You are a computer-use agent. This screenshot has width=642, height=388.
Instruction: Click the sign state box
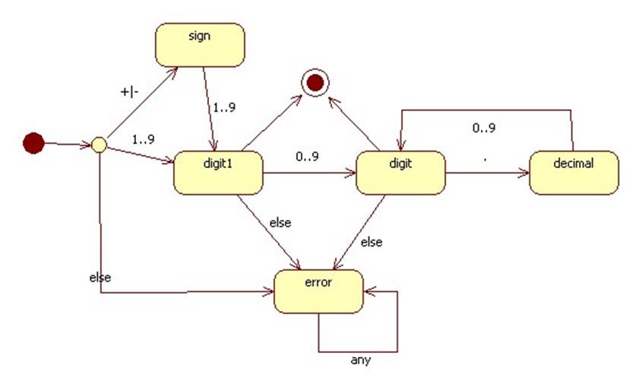(201, 44)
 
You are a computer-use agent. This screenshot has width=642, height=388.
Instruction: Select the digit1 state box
(219, 173)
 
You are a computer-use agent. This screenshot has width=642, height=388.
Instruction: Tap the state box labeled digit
(400, 173)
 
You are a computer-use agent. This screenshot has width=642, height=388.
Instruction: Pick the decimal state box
(574, 172)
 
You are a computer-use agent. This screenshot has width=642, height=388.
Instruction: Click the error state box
(318, 291)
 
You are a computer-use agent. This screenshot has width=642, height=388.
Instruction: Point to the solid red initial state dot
(33, 143)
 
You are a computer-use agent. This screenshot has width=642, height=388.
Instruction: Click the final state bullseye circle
(313, 83)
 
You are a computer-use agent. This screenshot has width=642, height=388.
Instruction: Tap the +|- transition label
(131, 91)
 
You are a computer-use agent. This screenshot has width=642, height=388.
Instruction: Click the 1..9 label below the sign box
(225, 107)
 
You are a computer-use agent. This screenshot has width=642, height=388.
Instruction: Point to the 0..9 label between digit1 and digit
(308, 157)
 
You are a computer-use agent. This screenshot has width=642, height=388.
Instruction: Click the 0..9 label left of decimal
(484, 128)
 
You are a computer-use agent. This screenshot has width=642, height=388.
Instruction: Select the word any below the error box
(361, 361)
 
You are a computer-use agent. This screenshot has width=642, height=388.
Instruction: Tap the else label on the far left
(100, 277)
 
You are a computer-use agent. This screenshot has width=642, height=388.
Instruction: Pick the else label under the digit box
(371, 243)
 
